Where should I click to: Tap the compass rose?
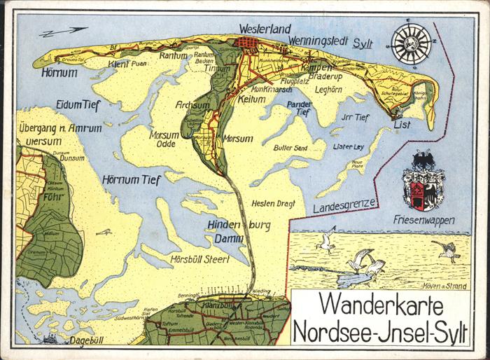pos(411,43)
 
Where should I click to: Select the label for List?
pos(402,124)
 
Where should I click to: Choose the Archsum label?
pos(193,105)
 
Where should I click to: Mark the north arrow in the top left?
pos(63,32)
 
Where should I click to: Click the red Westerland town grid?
pos(247,46)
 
